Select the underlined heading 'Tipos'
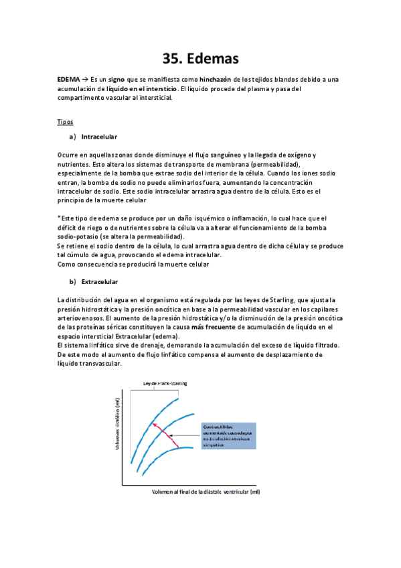[65, 123]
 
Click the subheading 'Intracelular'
[99, 137]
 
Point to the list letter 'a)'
[72, 137]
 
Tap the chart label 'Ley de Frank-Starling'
[165, 383]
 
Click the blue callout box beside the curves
[228, 435]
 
